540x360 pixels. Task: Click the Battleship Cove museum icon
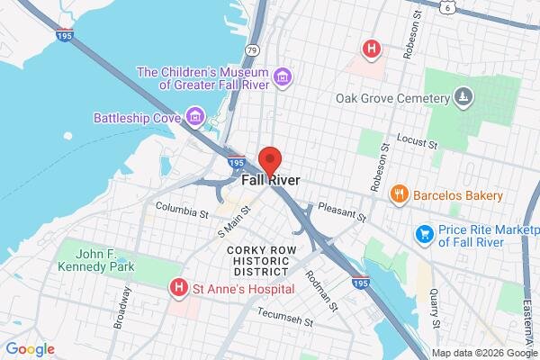tap(193, 117)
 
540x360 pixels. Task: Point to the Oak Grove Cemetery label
tap(391, 97)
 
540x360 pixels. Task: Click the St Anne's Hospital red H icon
tap(178, 288)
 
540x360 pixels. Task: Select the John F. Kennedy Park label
tap(95, 259)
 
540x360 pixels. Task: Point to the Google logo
tap(30, 348)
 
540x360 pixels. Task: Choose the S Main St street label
tap(236, 218)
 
